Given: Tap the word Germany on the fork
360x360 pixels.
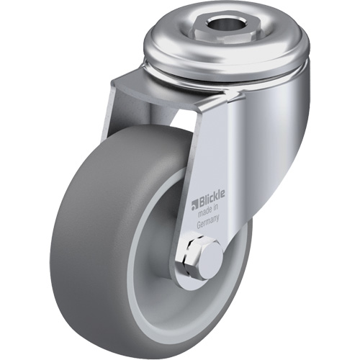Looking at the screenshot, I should click(211, 222).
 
